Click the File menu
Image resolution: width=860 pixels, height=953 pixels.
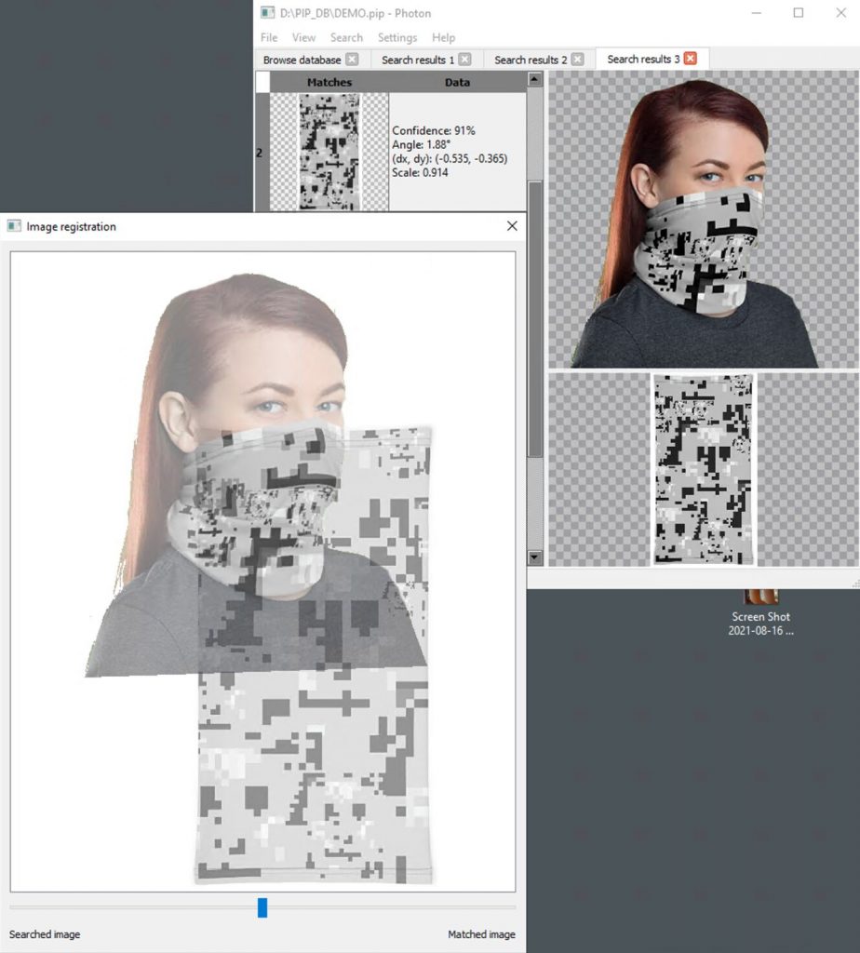tap(269, 37)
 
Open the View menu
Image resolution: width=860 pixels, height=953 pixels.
tap(303, 37)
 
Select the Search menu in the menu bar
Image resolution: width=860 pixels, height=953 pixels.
tap(346, 37)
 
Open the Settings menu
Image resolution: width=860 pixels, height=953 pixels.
tap(397, 37)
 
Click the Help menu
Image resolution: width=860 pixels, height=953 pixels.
tap(444, 37)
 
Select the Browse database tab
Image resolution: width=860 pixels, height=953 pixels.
tap(302, 60)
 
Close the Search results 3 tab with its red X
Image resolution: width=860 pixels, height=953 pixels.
tap(691, 59)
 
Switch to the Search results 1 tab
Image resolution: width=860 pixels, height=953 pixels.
tap(418, 60)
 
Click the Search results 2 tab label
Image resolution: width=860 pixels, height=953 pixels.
tap(531, 60)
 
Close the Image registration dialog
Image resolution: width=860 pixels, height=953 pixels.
tap(512, 226)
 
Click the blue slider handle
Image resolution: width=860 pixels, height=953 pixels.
tap(262, 907)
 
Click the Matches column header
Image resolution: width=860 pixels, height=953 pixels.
tap(329, 82)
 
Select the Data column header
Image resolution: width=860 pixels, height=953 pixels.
tap(457, 82)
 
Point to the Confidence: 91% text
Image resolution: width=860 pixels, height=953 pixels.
tap(434, 130)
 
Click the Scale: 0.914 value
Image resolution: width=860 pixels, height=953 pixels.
tap(420, 172)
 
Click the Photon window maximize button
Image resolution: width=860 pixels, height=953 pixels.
tap(798, 13)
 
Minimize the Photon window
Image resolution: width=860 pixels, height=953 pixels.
tap(756, 13)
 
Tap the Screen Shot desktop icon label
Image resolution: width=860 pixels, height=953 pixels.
tap(761, 624)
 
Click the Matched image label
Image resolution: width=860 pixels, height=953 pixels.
tap(481, 934)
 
